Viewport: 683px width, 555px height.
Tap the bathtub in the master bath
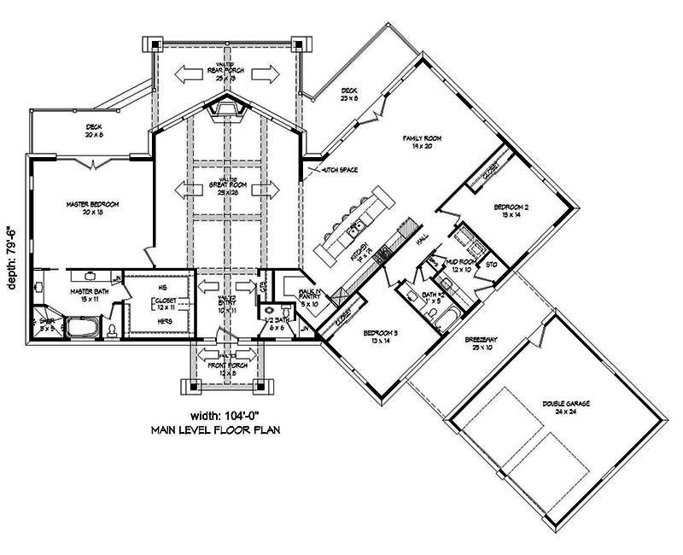pos(83,328)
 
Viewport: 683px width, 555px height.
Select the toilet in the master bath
pos(111,330)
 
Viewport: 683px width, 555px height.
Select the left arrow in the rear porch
pos(185,74)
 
